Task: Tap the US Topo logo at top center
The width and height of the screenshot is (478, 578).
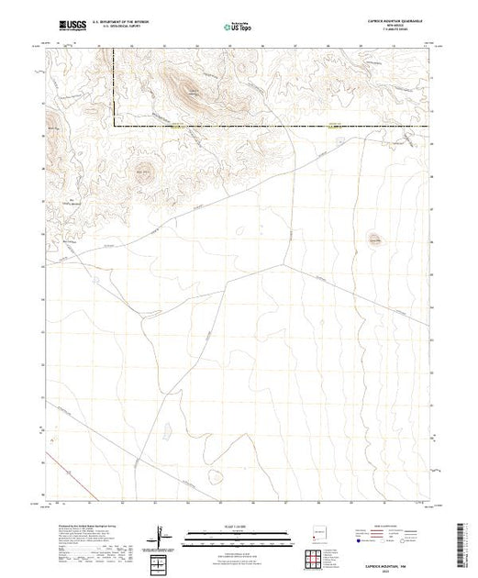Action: [x=238, y=26]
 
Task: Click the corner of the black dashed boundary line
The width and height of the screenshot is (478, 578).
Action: [x=114, y=124]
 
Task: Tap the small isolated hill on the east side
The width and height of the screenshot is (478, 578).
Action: [x=373, y=238]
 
